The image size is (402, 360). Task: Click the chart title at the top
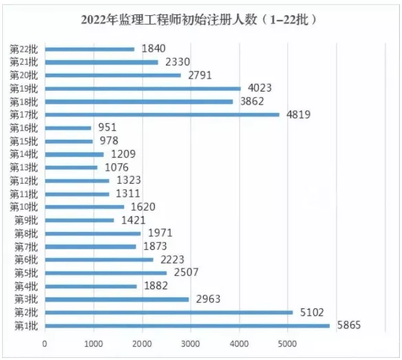(200, 19)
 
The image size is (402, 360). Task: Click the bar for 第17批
(162, 115)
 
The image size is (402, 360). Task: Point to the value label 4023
(255, 88)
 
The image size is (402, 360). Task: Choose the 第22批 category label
(25, 49)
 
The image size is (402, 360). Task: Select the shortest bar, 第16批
(68, 128)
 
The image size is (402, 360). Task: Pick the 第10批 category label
(25, 207)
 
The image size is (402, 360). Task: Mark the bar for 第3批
(117, 299)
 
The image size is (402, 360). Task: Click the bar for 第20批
(113, 75)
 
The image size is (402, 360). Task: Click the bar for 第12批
(77, 180)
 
